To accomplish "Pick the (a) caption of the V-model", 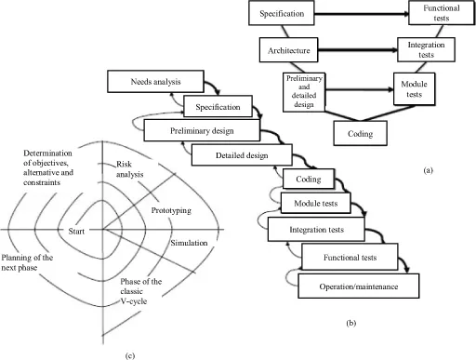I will tap(427, 172).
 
